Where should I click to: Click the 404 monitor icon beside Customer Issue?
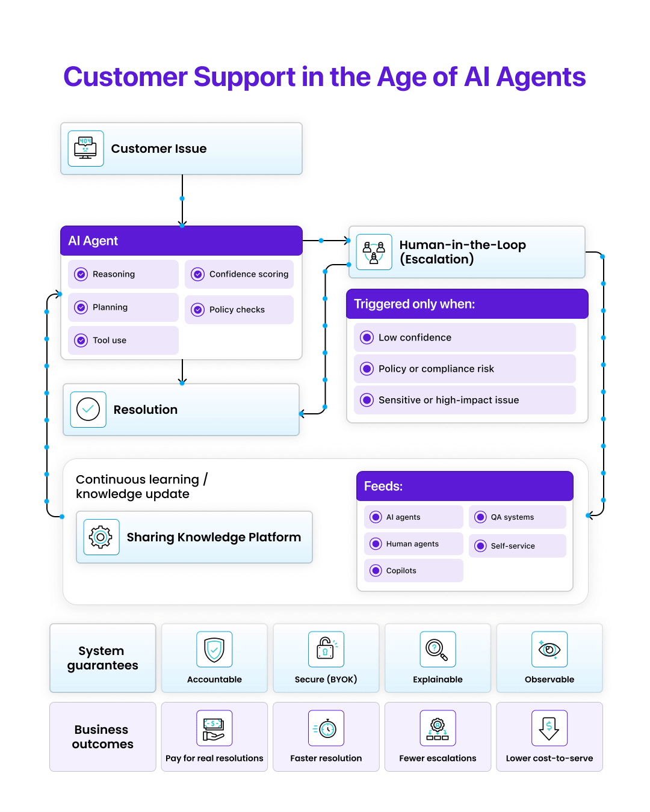click(85, 148)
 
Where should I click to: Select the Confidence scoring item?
click(240, 274)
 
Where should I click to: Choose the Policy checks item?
click(239, 310)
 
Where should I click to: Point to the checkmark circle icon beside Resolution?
click(88, 410)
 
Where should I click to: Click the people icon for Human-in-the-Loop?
click(374, 252)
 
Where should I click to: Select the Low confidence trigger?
click(464, 337)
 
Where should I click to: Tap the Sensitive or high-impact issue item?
click(464, 400)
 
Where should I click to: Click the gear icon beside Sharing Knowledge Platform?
click(101, 537)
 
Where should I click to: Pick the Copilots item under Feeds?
click(413, 571)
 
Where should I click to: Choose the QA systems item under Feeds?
click(517, 517)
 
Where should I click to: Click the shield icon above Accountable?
click(214, 650)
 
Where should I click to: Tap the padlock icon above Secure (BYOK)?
click(326, 649)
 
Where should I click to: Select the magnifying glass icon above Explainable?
click(438, 650)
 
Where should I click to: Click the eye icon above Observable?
click(549, 650)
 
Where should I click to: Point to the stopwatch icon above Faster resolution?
click(326, 728)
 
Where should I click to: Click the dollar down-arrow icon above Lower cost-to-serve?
click(549, 728)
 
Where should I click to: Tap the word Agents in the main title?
click(541, 77)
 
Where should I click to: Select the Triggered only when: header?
click(466, 304)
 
